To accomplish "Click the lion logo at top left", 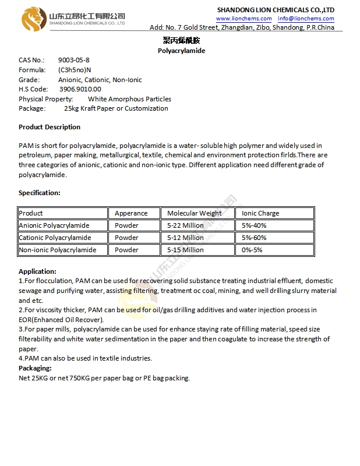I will point(34,19).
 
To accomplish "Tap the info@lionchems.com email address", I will point(306,19).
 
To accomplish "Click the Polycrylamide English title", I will point(181,51).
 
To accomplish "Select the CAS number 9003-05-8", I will point(74,60).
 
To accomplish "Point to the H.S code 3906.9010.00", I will point(80,89).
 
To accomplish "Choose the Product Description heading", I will point(50,127).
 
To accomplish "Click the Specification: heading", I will point(40,192).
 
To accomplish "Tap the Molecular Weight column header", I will point(195,213).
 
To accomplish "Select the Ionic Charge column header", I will point(260,213).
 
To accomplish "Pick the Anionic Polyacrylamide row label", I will point(55,225).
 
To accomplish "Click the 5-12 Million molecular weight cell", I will point(185,238).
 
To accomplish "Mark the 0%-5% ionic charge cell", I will point(253,250).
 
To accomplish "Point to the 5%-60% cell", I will point(254,238).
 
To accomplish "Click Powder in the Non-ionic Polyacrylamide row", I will point(126,250).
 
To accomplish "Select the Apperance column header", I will point(131,213).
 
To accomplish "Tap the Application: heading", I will point(37,271).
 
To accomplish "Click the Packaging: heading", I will point(35,368).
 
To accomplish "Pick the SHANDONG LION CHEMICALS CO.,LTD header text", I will point(276,10).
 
